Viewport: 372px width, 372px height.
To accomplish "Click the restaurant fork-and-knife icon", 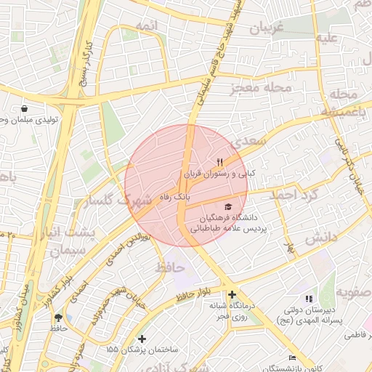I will (x=219, y=162).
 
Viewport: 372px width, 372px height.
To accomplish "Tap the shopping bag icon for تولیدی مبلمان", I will (x=25, y=108).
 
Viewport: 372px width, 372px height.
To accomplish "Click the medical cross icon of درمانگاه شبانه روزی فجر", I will (x=232, y=295).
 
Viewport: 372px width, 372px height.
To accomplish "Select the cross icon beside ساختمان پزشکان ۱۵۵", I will (x=142, y=339).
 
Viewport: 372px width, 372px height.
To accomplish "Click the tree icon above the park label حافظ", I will (x=58, y=318).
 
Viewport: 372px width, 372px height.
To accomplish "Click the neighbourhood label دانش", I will (x=317, y=238).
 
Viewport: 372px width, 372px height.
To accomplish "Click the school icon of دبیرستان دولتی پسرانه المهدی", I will (x=309, y=298).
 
